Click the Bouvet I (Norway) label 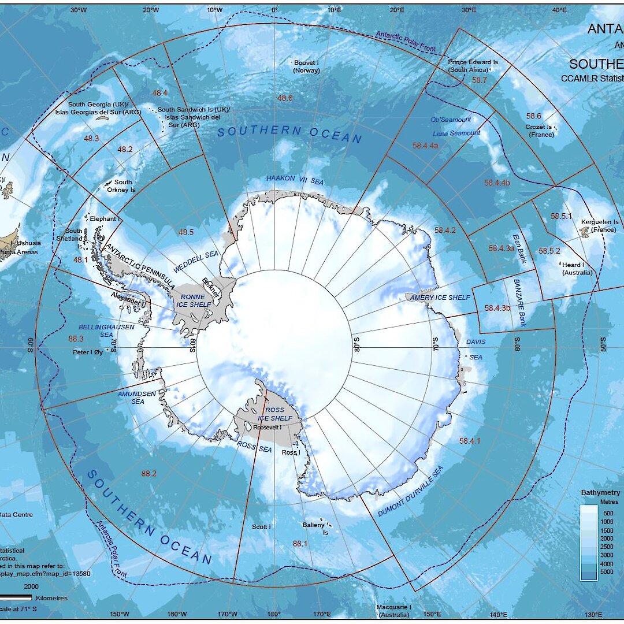click(306, 66)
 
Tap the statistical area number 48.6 click(285, 98)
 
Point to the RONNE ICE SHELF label click(191, 300)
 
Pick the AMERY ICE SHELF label click(440, 298)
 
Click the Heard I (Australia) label click(577, 269)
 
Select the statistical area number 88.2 click(148, 473)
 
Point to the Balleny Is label click(315, 529)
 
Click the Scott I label click(261, 527)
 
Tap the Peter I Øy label click(87, 351)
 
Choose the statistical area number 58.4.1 click(470, 441)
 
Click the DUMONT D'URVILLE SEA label click(411, 491)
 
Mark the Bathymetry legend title click(601, 493)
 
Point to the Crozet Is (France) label click(541, 131)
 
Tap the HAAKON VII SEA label click(295, 180)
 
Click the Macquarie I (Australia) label click(393, 610)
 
